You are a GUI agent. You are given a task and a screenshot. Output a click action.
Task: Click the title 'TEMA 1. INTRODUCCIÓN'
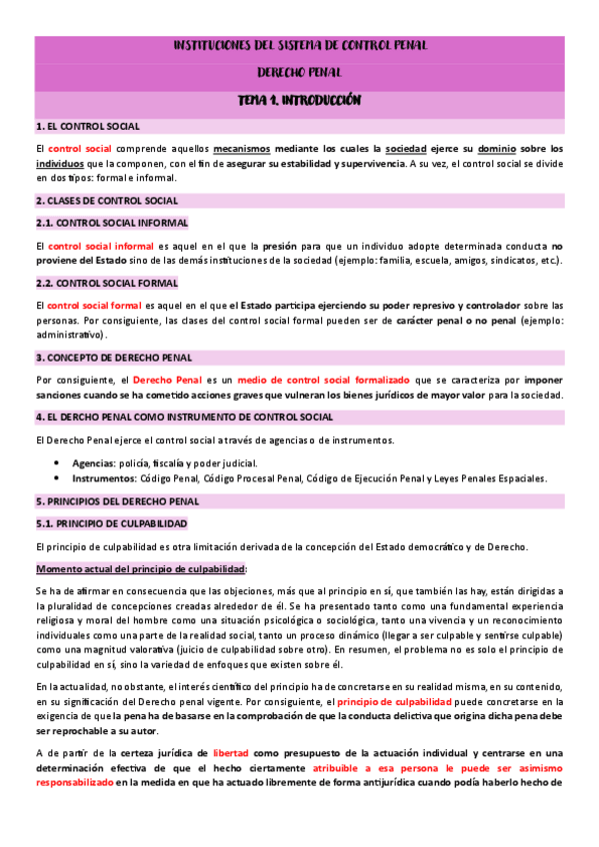(299, 101)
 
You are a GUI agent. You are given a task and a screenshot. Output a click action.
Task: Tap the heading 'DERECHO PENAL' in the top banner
(299, 72)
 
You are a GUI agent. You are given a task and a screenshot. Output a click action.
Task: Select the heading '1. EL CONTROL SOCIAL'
(87, 127)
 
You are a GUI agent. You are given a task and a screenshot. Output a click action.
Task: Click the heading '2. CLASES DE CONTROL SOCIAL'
(106, 201)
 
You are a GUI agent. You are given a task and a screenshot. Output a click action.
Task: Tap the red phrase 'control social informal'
(100, 245)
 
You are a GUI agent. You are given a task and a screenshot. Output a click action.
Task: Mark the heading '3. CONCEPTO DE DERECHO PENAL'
(113, 357)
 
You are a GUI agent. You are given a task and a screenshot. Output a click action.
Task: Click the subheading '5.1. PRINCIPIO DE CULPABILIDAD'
(111, 523)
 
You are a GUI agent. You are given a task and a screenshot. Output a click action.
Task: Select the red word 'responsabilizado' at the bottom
(73, 783)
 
